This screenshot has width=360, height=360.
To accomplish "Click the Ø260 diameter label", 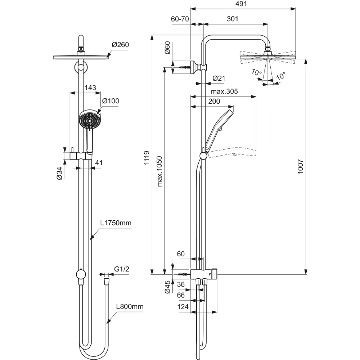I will [x=120, y=45].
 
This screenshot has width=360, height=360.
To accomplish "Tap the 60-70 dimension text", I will [x=181, y=19].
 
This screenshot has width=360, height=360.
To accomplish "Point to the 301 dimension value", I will [x=233, y=19].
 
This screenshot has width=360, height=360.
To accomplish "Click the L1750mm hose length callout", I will [x=116, y=223].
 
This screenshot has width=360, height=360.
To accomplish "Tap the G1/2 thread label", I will [x=122, y=269].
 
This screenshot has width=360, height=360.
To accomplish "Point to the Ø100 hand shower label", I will [x=111, y=101].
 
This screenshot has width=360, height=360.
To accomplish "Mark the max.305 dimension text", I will [x=224, y=91].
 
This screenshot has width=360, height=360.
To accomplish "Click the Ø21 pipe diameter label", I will [x=219, y=78].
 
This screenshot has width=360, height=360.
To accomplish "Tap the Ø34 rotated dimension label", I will [x=60, y=174].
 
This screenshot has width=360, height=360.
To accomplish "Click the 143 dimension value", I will [x=90, y=87].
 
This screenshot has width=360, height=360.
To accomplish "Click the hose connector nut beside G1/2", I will [x=106, y=279].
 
